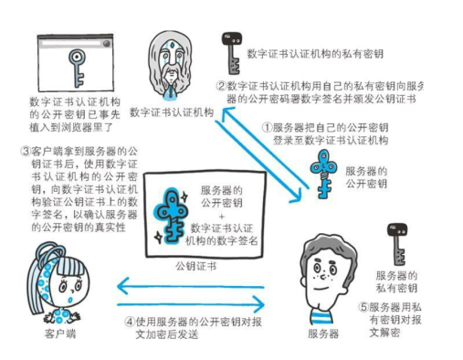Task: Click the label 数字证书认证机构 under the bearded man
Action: (x=172, y=112)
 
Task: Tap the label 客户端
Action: (x=62, y=336)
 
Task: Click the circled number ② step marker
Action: (x=220, y=86)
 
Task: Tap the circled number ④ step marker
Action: (x=129, y=322)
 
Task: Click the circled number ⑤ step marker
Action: (x=364, y=308)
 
